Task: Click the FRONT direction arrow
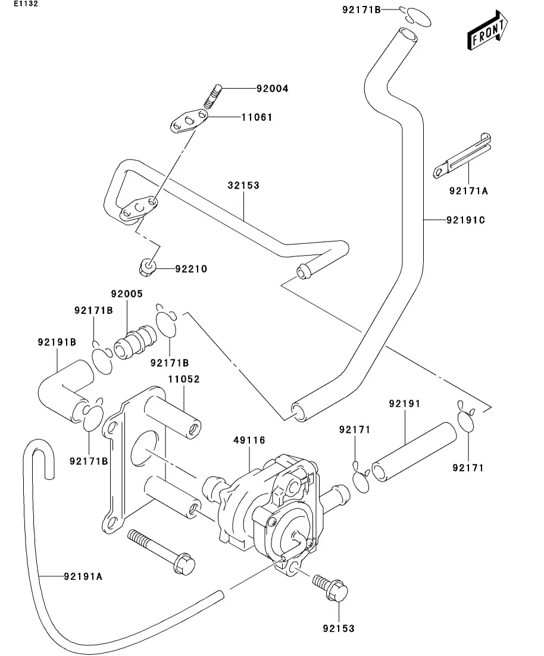487,32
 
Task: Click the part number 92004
272,89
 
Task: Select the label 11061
257,117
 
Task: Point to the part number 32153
243,186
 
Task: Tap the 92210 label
190,269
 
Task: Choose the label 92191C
466,220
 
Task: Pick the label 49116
249,440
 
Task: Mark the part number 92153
339,627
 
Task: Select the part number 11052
183,379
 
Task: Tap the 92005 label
127,294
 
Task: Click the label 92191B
57,343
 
